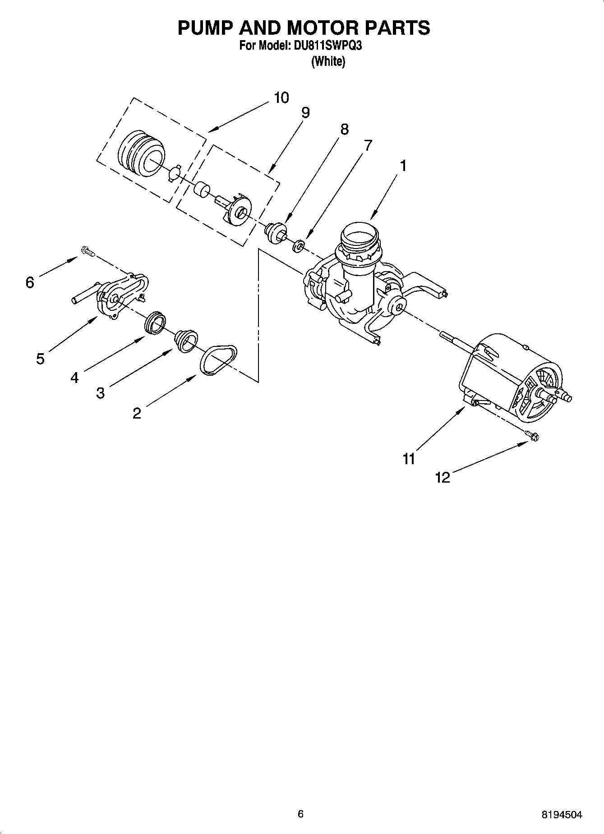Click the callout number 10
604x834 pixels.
pos(281,97)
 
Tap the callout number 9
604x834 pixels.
pos(305,112)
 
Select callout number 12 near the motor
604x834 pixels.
pos(443,477)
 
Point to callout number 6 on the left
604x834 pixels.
pos(30,283)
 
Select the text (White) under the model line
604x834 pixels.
pos(328,61)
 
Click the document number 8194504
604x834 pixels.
pos(562,815)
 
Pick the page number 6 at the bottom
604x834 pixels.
pos(300,814)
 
